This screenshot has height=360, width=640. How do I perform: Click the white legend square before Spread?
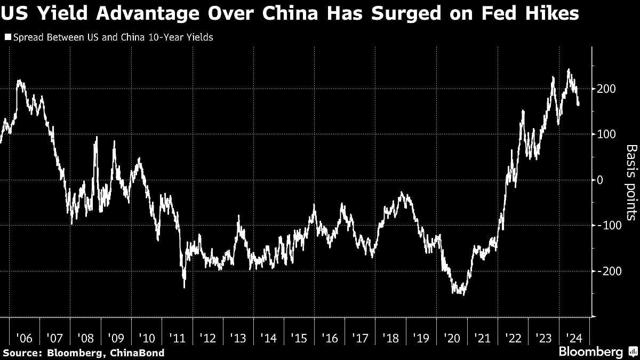pyautogui.click(x=7, y=38)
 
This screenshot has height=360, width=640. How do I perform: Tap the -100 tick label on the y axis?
pyautogui.click(x=609, y=225)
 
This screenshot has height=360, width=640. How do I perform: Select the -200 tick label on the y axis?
pyautogui.click(x=609, y=271)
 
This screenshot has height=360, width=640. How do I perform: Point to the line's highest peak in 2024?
pyautogui.click(x=569, y=69)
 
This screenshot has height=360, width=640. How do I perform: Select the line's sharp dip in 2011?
pyautogui.click(x=184, y=287)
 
